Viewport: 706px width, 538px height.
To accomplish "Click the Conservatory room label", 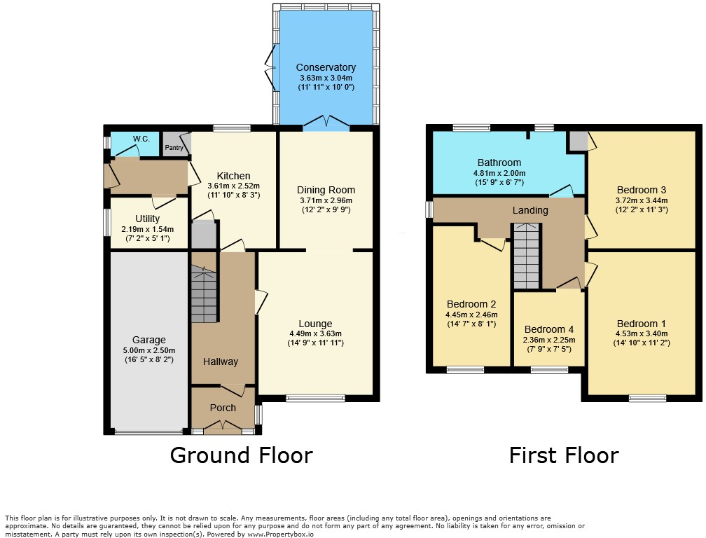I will pyautogui.click(x=325, y=67).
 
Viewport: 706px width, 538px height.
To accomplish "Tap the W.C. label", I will pyautogui.click(x=141, y=139).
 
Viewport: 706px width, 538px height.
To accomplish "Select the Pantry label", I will pyautogui.click(x=174, y=148).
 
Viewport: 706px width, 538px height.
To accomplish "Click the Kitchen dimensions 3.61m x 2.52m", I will pyautogui.click(x=233, y=186).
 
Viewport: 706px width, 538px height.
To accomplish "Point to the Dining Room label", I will pyautogui.click(x=326, y=190).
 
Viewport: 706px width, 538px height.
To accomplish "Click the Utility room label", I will pyautogui.click(x=147, y=219).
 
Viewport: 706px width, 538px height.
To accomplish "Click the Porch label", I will pyautogui.click(x=223, y=408).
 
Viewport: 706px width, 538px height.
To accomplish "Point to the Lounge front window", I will pyautogui.click(x=315, y=399).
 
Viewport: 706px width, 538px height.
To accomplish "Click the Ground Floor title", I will pyautogui.click(x=241, y=455).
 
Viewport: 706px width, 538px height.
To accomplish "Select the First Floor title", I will pyautogui.click(x=563, y=455).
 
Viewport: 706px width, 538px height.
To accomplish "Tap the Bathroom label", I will pyautogui.click(x=499, y=163).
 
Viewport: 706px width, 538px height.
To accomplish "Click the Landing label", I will pyautogui.click(x=530, y=210).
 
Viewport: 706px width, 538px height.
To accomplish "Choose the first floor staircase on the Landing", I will pyautogui.click(x=527, y=256).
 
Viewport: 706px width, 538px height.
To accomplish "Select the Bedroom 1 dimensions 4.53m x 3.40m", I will pyautogui.click(x=640, y=333).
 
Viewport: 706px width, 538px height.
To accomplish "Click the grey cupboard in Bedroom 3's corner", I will pyautogui.click(x=578, y=140).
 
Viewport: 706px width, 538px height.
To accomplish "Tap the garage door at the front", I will pyautogui.click(x=148, y=432).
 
